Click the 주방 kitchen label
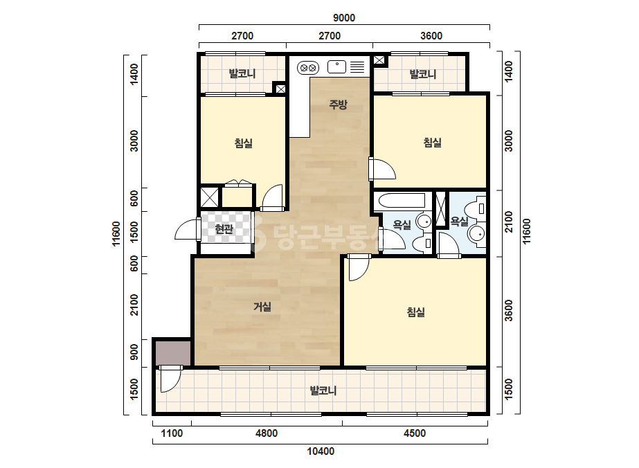[338, 105]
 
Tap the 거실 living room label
[262, 307]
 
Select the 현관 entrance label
[224, 229]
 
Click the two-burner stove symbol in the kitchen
[307, 68]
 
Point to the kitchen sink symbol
[336, 67]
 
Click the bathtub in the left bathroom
[402, 201]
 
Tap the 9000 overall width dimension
[344, 18]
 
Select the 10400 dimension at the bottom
[321, 451]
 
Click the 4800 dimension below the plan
[267, 433]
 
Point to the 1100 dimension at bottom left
[172, 433]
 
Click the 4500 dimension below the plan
[415, 433]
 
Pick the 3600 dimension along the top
[431, 36]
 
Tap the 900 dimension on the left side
[134, 352]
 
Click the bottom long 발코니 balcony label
[323, 390]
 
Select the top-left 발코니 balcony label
[242, 74]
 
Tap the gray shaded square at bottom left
[173, 353]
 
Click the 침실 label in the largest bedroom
[415, 312]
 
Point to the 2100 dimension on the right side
[509, 222]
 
